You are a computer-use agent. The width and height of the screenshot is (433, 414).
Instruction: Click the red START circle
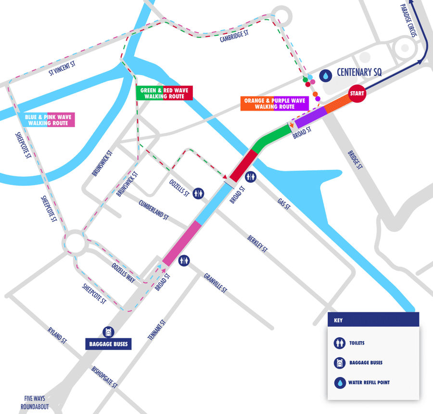357,93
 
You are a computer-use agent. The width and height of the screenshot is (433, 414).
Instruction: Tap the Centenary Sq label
359,73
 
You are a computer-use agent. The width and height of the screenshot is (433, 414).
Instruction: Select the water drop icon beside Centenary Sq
327,75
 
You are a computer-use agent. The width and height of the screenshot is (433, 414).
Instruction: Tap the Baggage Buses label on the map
108,344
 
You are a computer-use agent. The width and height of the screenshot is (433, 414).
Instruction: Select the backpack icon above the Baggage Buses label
108,332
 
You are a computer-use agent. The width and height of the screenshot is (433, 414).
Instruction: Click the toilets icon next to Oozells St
199,193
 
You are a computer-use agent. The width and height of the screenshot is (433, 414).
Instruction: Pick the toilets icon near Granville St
184,261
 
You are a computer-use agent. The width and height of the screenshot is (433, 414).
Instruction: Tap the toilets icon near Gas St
251,177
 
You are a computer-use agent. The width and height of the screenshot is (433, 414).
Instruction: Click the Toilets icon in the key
340,343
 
